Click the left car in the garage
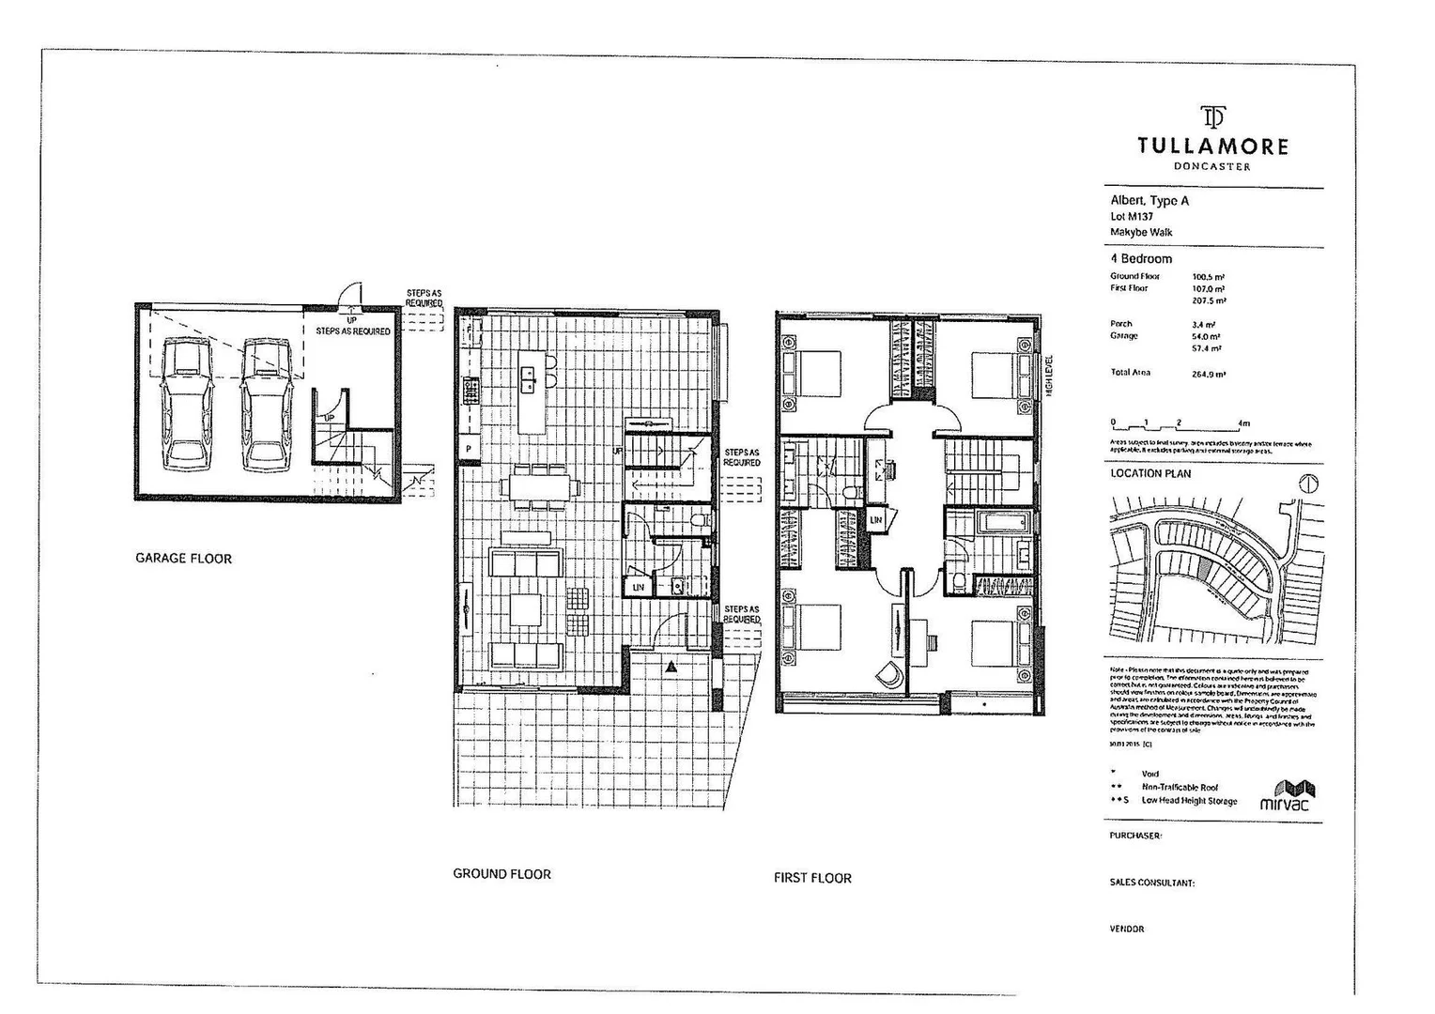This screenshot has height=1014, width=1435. click(187, 404)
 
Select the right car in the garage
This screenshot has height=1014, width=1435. click(265, 404)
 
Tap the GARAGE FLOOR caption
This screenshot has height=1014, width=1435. click(183, 559)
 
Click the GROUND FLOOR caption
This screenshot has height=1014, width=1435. click(501, 874)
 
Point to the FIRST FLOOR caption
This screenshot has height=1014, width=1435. click(812, 879)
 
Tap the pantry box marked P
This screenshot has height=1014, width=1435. click(468, 450)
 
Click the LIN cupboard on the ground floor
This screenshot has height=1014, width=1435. click(639, 588)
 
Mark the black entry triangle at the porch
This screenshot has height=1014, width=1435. click(671, 667)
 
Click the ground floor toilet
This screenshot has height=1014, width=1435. click(697, 519)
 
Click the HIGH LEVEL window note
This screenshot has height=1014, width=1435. click(1050, 376)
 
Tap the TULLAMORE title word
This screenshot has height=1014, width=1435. click(1212, 146)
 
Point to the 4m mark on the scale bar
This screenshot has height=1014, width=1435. click(1244, 424)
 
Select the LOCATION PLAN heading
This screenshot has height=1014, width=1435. click(1150, 474)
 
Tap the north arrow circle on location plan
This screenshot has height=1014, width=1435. click(1308, 484)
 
